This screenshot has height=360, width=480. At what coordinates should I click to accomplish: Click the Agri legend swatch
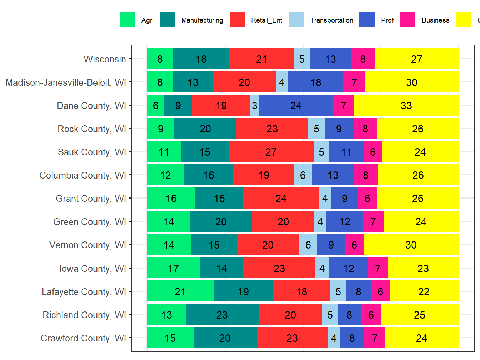pos(127,20)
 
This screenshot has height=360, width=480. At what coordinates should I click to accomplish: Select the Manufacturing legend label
pos(202,20)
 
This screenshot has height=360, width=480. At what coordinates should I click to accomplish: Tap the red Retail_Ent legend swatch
pos(237,20)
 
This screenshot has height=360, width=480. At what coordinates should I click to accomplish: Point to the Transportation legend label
pos(331,20)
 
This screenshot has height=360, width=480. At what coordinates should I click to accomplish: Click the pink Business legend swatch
pos(407,20)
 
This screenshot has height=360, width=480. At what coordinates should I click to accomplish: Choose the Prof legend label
pos(387,20)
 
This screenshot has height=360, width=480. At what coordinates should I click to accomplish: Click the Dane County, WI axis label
pos(91,106)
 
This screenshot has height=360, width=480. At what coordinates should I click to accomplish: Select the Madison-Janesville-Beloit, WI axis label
pos(66,82)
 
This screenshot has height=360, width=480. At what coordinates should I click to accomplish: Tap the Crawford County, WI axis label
pos(83,338)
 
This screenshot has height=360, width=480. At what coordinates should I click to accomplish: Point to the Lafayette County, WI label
pos(84,292)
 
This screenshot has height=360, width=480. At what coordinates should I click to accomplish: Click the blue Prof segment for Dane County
pos(296,105)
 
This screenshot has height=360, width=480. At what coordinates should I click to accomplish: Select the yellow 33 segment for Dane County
pos(406,105)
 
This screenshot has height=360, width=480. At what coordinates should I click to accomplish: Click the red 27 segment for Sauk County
pos(271,152)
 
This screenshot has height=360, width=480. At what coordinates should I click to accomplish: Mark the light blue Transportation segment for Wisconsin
pos(302,59)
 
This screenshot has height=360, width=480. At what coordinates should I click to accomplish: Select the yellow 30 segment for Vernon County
pos(411,245)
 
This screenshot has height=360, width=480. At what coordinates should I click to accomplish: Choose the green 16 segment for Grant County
pos(171,198)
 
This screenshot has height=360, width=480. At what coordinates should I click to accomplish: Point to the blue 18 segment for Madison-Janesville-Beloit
pos(315,82)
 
